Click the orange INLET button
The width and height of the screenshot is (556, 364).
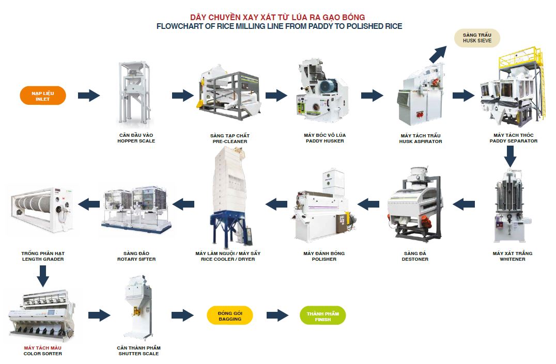pos(43,96)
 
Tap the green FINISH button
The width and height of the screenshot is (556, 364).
pos(322,315)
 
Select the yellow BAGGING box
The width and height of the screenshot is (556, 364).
pos(229,315)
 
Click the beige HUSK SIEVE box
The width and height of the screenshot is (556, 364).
pos(477,37)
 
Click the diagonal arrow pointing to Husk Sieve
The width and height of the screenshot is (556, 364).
pos(438,54)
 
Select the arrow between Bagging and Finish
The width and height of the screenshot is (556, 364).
pos(277,315)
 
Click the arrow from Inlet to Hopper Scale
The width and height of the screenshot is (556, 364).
pos(88,96)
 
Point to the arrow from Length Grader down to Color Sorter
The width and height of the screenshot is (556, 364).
pos(43,276)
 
